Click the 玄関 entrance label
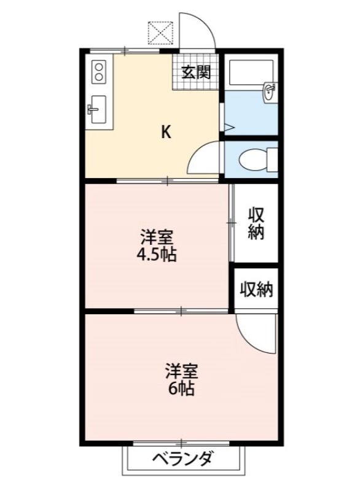[196, 72]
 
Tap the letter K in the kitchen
[166, 131]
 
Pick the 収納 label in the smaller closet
[256, 288]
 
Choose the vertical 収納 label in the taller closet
[256, 223]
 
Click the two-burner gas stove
[98, 72]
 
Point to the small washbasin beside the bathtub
[269, 91]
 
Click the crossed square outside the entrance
[162, 33]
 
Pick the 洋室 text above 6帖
[182, 371]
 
